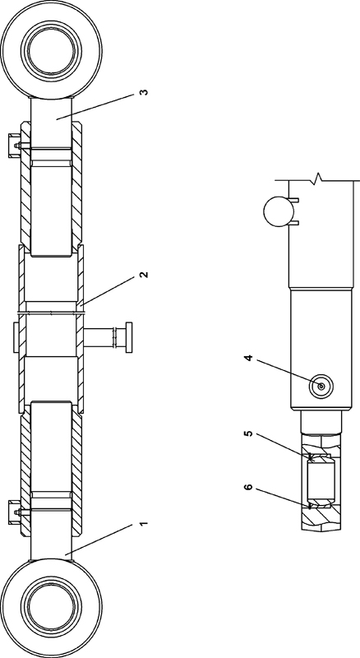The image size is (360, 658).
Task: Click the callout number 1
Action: click(x=144, y=524)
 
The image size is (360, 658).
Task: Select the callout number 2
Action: click(x=144, y=275)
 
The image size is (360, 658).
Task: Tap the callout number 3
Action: click(x=144, y=92)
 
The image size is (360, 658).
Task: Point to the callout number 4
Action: click(x=248, y=359)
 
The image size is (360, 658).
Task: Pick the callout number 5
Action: click(x=248, y=433)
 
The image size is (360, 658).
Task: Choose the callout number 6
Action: click(x=248, y=487)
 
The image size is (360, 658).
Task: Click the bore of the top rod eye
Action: click(x=51, y=50)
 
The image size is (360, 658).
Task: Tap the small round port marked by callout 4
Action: click(x=321, y=386)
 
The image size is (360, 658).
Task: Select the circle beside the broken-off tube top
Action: click(x=278, y=211)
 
